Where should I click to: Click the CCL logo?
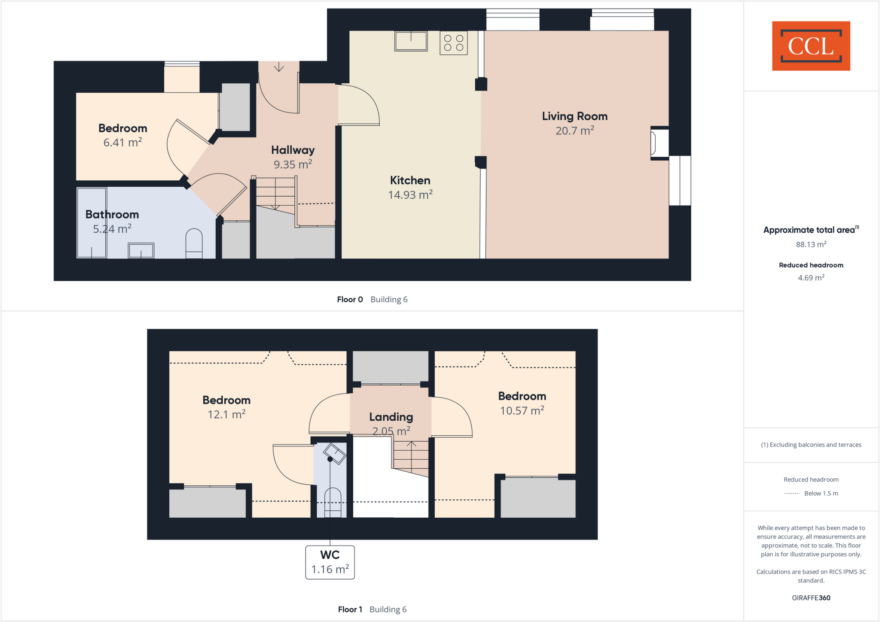tap(811, 46)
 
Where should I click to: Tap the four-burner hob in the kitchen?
tap(453, 43)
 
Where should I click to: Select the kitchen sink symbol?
tap(411, 41)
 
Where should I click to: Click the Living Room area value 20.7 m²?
tap(574, 130)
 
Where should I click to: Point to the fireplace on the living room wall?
tap(659, 143)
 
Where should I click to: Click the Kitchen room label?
tap(410, 180)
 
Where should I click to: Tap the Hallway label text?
tap(293, 150)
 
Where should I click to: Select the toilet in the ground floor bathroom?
tap(194, 243)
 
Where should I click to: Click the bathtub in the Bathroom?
tap(92, 223)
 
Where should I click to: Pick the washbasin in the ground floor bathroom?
tap(141, 251)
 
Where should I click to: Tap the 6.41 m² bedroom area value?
tap(122, 143)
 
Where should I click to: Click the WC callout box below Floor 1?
tap(330, 562)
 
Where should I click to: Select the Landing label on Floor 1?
tap(391, 417)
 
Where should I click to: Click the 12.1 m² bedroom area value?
tap(226, 415)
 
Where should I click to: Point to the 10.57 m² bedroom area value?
tap(522, 411)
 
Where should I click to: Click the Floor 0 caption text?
tap(350, 300)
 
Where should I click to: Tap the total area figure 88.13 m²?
tap(811, 245)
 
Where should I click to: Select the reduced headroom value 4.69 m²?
tap(811, 278)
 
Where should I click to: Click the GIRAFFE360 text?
tap(811, 598)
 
